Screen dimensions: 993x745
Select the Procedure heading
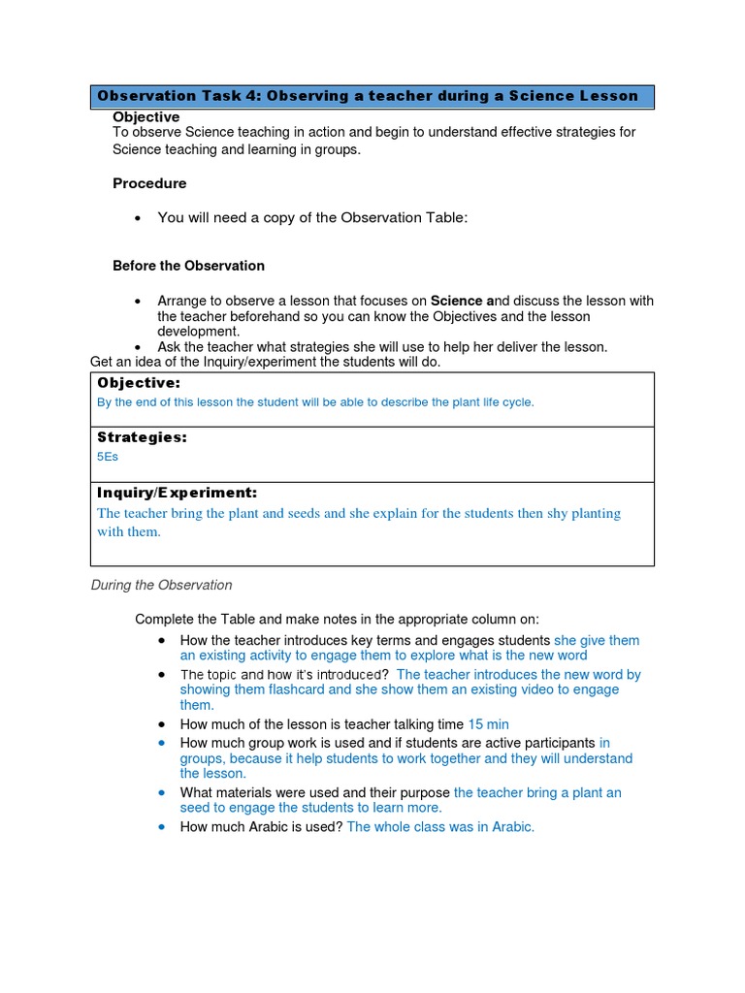click(x=149, y=183)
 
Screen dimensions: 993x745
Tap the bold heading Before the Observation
click(x=188, y=266)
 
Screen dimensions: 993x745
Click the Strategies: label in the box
click(x=142, y=437)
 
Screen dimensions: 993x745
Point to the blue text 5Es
click(x=108, y=457)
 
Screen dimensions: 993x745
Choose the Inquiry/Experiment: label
click(x=177, y=493)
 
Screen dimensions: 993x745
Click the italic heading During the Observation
click(x=161, y=585)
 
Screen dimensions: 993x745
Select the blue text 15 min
click(x=488, y=724)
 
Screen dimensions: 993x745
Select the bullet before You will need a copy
click(x=139, y=218)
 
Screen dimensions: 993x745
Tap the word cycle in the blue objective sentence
click(x=516, y=401)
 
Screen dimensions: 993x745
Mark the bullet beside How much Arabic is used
click(x=161, y=827)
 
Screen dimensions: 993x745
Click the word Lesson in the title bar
click(x=608, y=96)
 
